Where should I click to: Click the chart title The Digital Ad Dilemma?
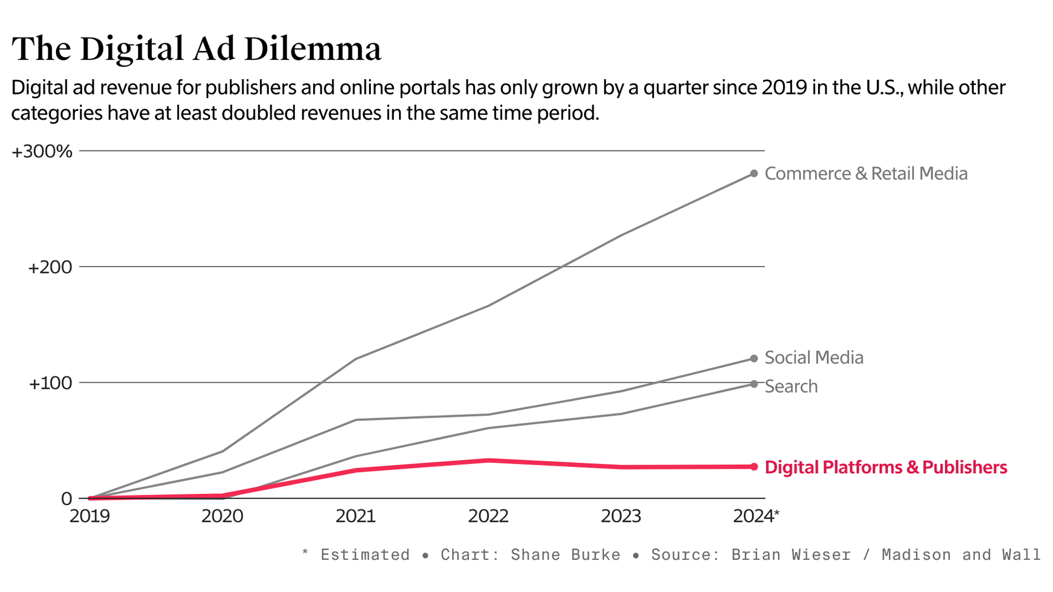tap(196, 49)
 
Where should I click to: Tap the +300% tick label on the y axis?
tap(42, 152)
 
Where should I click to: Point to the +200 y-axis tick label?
tap(50, 267)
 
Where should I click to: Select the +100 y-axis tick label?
tap(50, 383)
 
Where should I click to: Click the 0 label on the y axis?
tap(67, 499)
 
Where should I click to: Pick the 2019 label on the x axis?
tap(89, 516)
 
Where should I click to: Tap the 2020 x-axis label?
tap(222, 516)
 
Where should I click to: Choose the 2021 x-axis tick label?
tap(356, 516)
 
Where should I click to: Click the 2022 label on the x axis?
tap(488, 516)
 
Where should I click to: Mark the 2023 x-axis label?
tap(621, 516)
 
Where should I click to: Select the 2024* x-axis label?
tap(756, 516)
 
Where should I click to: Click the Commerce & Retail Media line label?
tap(866, 174)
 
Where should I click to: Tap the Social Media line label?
tap(814, 358)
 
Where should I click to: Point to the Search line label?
tap(791, 387)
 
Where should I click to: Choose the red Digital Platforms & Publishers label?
tap(885, 467)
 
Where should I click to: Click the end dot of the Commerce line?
tap(754, 174)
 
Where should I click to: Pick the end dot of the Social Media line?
tap(754, 359)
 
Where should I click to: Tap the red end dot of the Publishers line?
tap(754, 467)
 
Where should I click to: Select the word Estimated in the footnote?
tap(365, 555)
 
